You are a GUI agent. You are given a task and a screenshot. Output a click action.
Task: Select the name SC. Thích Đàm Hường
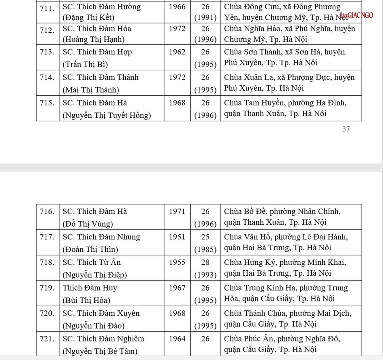pos(101,7)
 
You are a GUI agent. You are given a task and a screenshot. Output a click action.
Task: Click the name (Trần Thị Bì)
pos(85,65)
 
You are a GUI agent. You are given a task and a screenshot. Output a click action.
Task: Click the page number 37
pos(346,129)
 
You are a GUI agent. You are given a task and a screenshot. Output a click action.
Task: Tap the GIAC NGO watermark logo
pos(357,15)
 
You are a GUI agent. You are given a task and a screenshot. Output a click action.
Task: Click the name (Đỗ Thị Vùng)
pos(87,224)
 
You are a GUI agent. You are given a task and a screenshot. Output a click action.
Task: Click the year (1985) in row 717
pos(205,249)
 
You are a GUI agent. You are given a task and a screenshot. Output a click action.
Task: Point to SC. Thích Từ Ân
pos(92,262)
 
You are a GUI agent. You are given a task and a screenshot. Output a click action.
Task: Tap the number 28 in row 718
pos(205,262)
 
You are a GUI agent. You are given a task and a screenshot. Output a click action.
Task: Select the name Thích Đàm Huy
pos(90,288)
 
